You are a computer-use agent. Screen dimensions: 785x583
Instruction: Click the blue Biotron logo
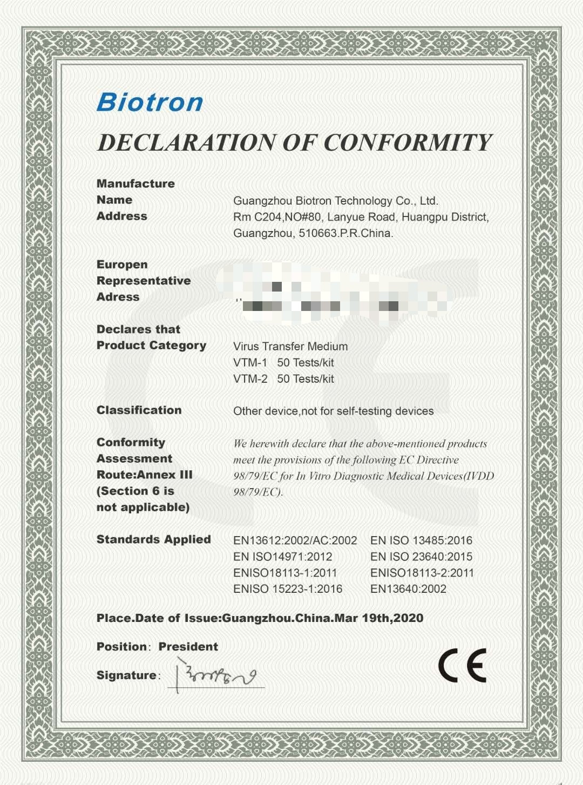(150, 102)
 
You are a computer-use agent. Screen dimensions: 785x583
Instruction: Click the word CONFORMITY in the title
(408, 143)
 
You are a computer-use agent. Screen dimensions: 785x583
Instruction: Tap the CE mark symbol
(462, 665)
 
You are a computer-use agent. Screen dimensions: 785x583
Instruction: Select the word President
(188, 646)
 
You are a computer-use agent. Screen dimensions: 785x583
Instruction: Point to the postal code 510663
(317, 233)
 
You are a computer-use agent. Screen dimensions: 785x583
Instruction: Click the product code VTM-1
(250, 363)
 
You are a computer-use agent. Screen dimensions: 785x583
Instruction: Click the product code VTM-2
(250, 379)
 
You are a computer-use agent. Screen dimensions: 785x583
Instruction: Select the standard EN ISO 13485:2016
(421, 540)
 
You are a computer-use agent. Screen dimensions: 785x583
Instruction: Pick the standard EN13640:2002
(408, 589)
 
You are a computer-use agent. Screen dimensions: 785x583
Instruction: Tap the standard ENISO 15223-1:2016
(288, 589)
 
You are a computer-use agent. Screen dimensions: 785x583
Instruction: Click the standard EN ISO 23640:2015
(421, 557)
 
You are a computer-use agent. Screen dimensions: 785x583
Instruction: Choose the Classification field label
(139, 410)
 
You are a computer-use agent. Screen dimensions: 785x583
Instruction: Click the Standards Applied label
(153, 539)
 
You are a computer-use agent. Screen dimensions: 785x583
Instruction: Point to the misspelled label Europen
(122, 265)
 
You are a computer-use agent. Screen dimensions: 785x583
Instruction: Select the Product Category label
(151, 346)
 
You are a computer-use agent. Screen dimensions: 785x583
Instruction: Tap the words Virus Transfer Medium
(290, 347)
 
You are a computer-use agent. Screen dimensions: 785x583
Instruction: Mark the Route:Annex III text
(144, 475)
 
